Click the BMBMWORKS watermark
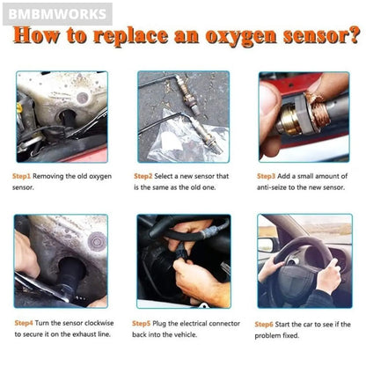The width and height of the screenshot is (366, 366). tap(57, 14)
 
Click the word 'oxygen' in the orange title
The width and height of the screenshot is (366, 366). tap(241, 37)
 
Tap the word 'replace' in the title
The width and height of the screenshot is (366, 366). tap(131, 37)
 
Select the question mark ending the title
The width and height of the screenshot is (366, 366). tap(354, 34)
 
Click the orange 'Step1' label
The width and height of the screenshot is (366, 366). tap(21, 176)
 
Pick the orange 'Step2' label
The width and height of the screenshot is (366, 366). tap(143, 176)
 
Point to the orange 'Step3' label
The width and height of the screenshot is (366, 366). tap(266, 176)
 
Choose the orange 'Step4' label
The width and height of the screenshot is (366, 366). tap(24, 323)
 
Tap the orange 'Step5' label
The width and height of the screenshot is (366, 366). tap(142, 324)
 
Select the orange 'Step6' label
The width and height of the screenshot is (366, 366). tap(264, 325)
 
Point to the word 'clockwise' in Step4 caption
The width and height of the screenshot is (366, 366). tap(99, 323)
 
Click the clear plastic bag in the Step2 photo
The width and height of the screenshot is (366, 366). tap(187, 138)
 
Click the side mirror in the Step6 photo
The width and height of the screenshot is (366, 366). tap(266, 245)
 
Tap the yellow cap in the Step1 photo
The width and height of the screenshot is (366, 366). tap(20, 108)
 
